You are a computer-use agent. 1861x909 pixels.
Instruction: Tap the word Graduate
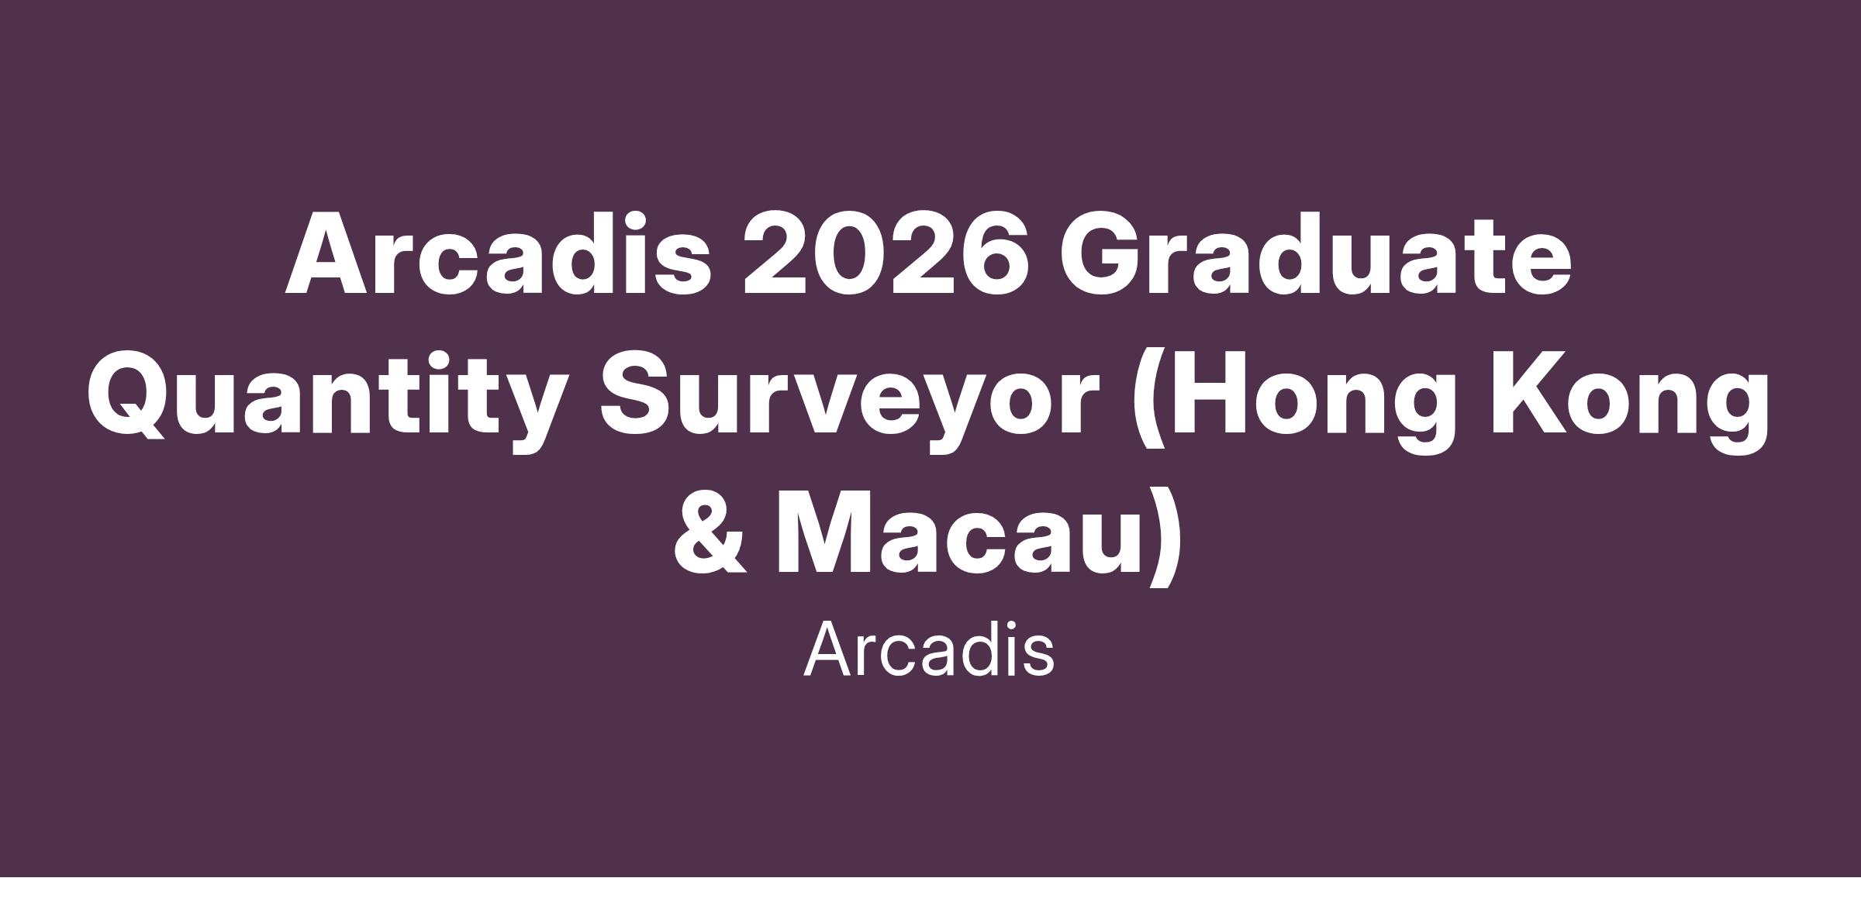pos(1317,254)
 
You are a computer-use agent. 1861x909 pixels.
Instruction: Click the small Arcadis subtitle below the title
pos(929,650)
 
